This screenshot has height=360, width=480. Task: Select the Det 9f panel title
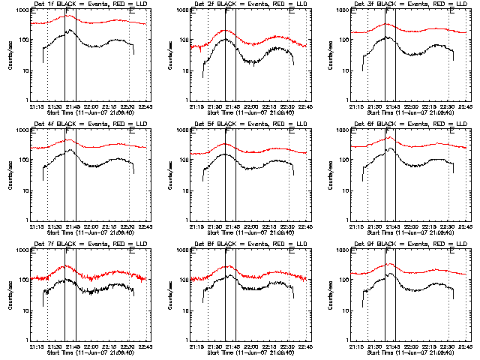click(x=409, y=244)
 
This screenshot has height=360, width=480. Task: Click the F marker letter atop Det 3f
click(x=388, y=12)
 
